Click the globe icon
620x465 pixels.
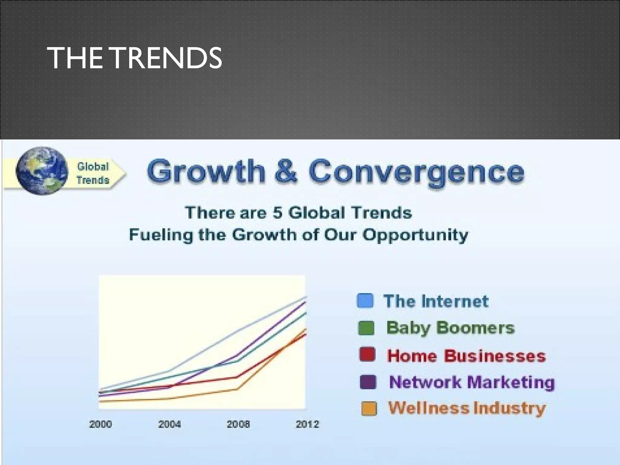[42, 171]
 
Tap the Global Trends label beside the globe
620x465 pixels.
[93, 173]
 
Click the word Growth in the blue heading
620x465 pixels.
[206, 171]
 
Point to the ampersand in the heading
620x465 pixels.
[286, 171]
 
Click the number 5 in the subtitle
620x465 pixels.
[277, 213]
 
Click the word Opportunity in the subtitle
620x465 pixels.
[415, 236]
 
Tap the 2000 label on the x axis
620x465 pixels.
[101, 424]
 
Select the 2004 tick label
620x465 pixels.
[170, 424]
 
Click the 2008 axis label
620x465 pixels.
[238, 424]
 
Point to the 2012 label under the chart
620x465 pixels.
[307, 424]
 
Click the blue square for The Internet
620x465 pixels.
[365, 301]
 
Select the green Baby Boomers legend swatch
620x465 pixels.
[366, 328]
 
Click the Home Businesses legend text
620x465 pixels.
[466, 356]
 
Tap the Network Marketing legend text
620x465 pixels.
[472, 382]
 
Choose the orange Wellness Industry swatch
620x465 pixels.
[369, 408]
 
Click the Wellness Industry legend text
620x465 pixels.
[467, 408]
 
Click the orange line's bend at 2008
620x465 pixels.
[238, 389]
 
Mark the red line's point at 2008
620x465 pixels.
[237, 377]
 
